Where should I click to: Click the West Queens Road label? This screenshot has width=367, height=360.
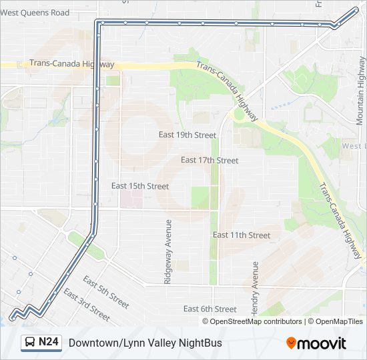[x=35, y=13]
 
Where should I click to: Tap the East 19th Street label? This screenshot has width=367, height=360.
[x=188, y=135]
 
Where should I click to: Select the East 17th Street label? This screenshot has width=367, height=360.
[x=210, y=160]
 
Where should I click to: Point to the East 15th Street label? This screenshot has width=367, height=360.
[x=140, y=186]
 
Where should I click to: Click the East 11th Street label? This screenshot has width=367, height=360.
[x=242, y=235]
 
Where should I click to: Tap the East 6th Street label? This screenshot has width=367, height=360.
[x=210, y=309]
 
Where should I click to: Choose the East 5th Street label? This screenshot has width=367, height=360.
[x=106, y=293]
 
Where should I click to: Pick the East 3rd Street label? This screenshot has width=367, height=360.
[x=87, y=305]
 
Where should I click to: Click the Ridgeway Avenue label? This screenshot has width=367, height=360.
[x=168, y=252]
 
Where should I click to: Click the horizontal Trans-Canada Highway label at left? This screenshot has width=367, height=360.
[x=71, y=65]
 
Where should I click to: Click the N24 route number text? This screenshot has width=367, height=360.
[x=49, y=343]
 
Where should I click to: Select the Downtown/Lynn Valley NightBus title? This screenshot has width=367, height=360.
[x=145, y=343]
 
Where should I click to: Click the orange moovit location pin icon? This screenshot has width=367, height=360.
[x=291, y=343]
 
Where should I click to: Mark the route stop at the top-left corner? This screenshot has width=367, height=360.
[x=99, y=23]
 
